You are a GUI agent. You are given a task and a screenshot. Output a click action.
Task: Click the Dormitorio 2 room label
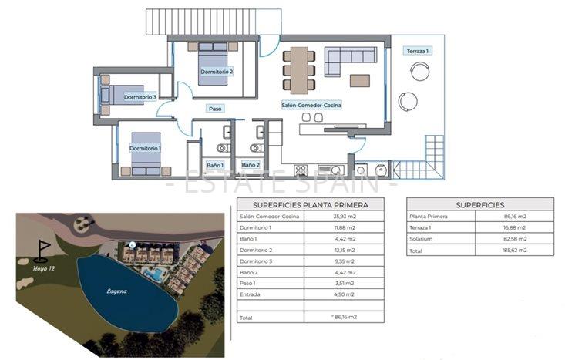click(x=216, y=72)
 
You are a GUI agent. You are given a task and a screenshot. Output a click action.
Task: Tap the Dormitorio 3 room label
click(x=140, y=97)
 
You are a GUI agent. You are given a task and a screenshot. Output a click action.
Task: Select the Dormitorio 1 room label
click(x=145, y=148)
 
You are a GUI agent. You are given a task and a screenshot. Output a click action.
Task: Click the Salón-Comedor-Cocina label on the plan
click(x=311, y=104)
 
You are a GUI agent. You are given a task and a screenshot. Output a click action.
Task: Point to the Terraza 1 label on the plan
click(x=417, y=51)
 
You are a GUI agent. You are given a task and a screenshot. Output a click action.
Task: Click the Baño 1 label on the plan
click(x=215, y=165)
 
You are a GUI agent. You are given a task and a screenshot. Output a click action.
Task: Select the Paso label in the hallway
click(x=215, y=109)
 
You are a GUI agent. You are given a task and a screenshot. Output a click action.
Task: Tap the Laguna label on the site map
click(x=118, y=291)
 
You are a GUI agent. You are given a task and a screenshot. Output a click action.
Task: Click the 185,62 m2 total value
click(x=513, y=250)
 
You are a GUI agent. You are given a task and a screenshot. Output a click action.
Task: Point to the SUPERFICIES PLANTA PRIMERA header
click(x=311, y=205)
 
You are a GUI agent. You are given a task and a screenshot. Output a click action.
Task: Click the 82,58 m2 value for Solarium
click(x=513, y=239)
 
